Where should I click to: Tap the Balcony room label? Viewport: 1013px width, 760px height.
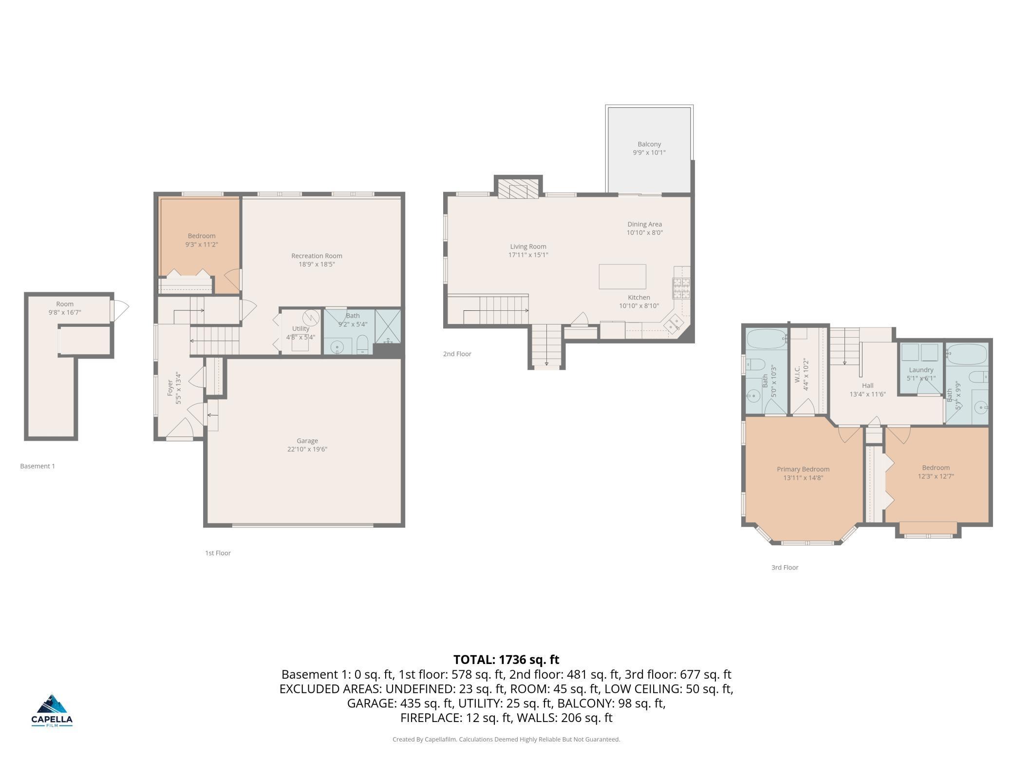pos(649,144)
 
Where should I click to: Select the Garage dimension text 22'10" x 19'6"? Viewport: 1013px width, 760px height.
pos(307,449)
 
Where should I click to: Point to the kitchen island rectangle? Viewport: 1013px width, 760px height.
pos(622,276)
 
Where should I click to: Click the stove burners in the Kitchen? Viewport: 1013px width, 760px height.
pos(681,288)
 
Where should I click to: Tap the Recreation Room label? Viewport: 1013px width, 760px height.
pos(317,256)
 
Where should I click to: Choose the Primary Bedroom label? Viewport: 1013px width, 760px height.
pos(803,469)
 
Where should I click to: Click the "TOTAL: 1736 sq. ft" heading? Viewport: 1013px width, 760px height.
pos(506,660)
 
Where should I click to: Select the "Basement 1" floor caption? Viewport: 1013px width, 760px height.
pos(38,466)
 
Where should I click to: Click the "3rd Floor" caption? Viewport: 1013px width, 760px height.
pos(785,568)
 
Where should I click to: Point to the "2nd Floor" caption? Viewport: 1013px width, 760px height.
pos(457,354)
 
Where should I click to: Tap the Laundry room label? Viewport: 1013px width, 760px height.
pos(921,370)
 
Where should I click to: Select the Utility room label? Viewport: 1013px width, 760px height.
pos(300,328)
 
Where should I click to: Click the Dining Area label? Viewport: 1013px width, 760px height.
pos(644,224)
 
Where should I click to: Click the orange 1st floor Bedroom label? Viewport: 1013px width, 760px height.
pos(202,236)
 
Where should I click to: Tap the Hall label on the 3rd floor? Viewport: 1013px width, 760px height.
pos(867,385)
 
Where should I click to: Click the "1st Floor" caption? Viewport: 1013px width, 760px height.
pos(218,553)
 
